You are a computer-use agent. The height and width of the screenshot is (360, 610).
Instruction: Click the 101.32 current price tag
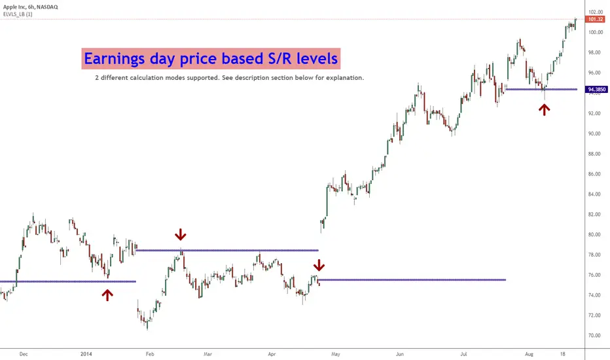596,21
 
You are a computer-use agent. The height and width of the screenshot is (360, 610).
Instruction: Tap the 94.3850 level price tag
595,89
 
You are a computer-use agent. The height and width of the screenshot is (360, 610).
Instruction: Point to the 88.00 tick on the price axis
594,154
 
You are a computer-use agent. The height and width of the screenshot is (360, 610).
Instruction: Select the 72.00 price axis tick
594,315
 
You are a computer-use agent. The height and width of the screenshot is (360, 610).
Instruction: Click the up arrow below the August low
544,109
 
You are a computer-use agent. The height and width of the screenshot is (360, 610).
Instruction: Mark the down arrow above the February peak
180,234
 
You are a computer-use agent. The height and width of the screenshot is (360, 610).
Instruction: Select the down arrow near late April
319,265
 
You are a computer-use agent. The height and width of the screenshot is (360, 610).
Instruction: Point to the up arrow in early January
107,295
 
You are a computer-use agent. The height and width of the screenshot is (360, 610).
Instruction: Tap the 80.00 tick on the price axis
594,234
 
